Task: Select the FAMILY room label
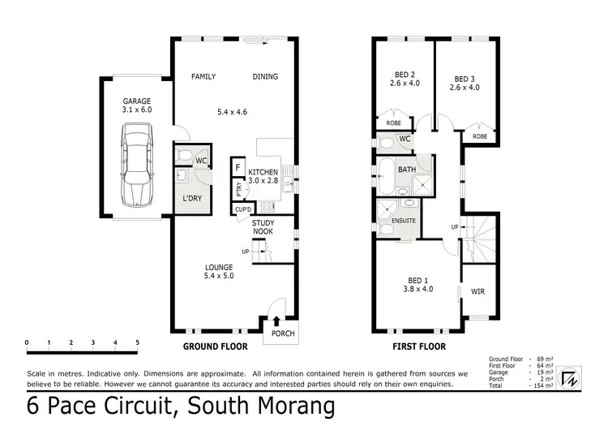pyautogui.click(x=203, y=77)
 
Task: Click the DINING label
pyautogui.click(x=265, y=77)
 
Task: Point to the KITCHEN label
pyautogui.click(x=263, y=172)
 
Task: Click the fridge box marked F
pyautogui.click(x=238, y=166)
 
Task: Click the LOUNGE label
pyautogui.click(x=219, y=267)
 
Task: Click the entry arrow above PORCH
pyautogui.click(x=278, y=320)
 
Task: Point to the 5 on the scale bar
pyautogui.click(x=137, y=342)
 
